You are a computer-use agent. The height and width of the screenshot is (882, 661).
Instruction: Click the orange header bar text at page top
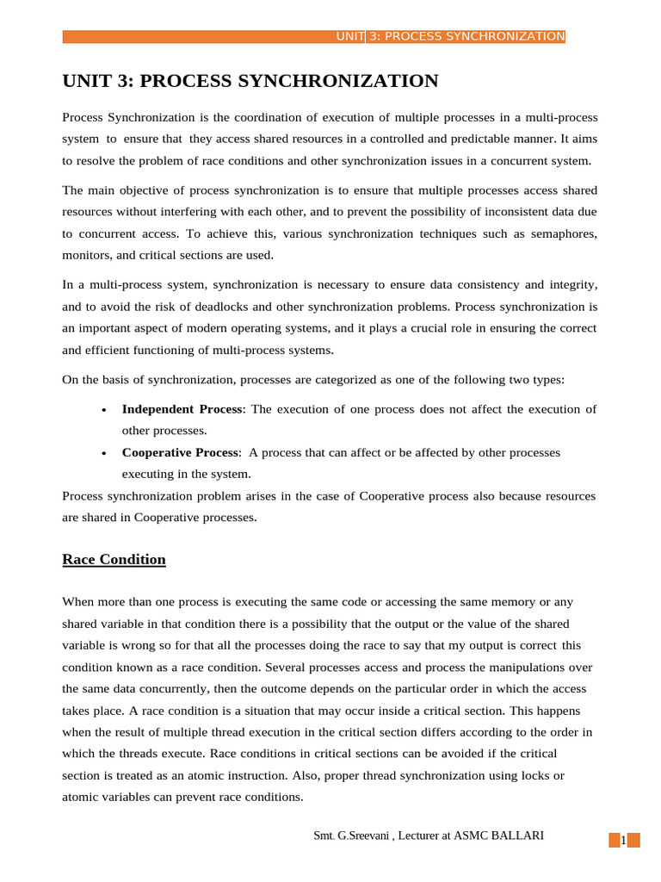(x=450, y=36)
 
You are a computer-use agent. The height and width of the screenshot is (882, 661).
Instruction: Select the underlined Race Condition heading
(x=114, y=559)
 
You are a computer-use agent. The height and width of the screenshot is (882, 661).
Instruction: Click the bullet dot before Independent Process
(x=104, y=410)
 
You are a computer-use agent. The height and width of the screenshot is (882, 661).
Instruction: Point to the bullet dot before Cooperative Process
(x=104, y=453)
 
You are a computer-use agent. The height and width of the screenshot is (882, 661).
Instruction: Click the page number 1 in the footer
(x=623, y=841)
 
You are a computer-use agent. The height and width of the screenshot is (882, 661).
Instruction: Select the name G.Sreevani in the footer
(x=360, y=835)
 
